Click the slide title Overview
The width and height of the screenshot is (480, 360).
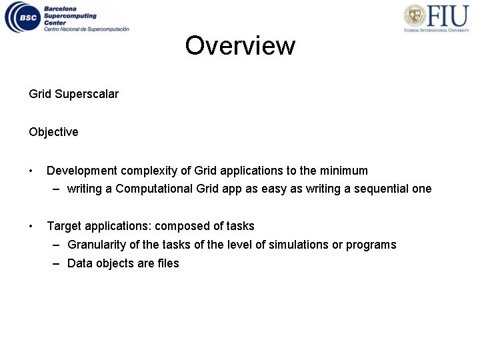(x=240, y=46)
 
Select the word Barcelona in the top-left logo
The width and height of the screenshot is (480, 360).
(x=60, y=8)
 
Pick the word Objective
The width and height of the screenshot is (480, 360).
(x=53, y=132)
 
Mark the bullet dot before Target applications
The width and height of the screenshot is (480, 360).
(x=31, y=227)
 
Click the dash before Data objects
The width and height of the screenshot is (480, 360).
(x=58, y=263)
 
